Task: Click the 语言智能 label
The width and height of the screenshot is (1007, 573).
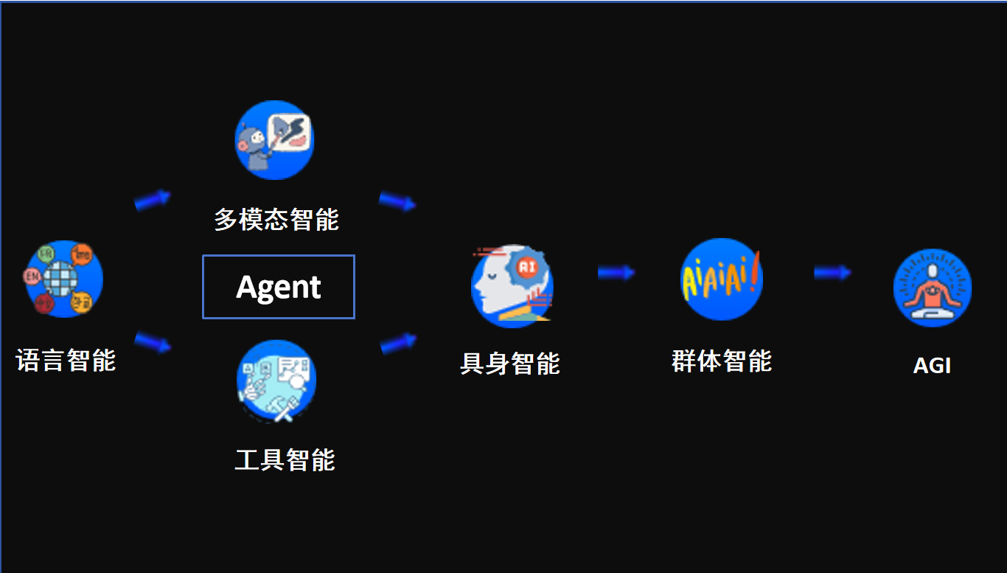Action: (66, 360)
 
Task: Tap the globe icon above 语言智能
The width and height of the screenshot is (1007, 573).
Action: (63, 279)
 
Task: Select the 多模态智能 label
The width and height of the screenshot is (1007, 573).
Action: (276, 219)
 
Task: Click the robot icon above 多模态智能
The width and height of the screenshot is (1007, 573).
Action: (274, 139)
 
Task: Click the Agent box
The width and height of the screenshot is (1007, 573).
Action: (279, 287)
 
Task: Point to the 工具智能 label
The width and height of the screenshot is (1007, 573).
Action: (285, 459)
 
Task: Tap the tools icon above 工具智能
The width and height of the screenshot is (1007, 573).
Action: (276, 381)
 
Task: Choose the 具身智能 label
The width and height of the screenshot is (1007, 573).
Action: (510, 363)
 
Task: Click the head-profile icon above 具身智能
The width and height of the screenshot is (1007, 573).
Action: (512, 286)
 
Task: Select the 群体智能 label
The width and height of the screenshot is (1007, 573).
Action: (722, 361)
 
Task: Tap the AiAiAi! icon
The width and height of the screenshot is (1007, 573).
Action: (721, 279)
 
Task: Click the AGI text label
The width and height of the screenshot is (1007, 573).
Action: (932, 365)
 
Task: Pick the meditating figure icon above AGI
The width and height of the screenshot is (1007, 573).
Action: (932, 287)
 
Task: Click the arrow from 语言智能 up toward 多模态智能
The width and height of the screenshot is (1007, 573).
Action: (153, 199)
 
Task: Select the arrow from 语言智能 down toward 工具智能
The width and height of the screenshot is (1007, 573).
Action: (153, 342)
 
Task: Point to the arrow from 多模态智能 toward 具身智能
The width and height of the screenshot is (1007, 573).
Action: (397, 201)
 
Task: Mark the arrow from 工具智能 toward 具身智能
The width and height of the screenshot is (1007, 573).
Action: (399, 343)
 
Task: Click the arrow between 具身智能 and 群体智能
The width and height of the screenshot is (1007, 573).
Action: (616, 273)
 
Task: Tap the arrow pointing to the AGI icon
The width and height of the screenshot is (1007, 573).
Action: (832, 273)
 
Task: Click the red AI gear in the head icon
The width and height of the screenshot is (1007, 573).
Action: (527, 267)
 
